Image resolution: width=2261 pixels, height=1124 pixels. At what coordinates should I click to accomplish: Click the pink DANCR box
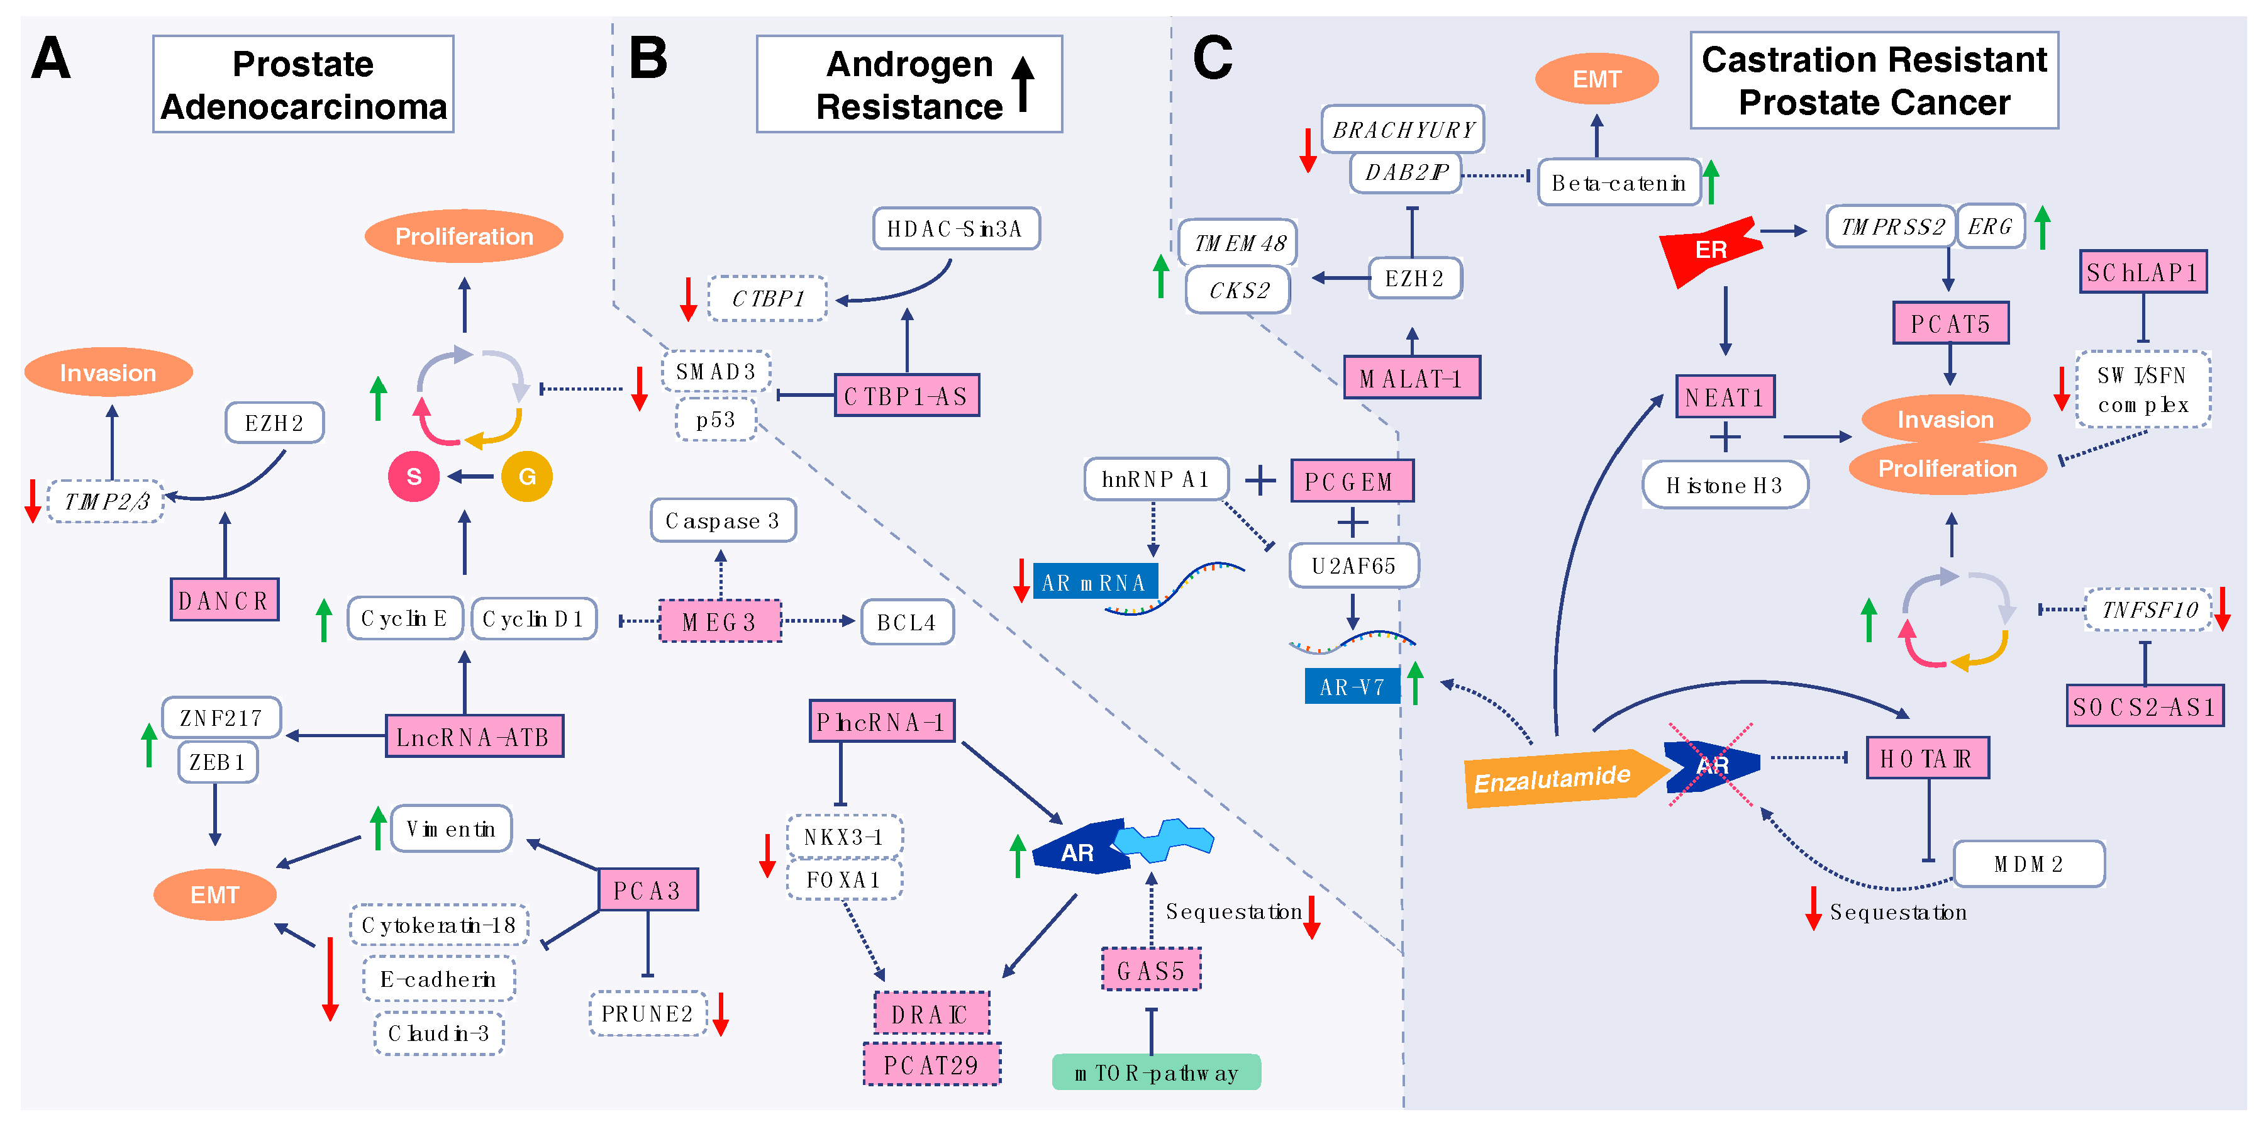(225, 601)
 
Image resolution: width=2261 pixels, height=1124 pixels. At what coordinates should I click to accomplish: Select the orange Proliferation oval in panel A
(464, 236)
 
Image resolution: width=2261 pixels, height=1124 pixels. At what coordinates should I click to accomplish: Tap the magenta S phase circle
(413, 477)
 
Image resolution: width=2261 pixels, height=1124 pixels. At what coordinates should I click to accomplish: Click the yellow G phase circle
(526, 477)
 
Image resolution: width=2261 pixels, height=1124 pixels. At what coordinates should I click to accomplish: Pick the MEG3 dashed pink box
(719, 621)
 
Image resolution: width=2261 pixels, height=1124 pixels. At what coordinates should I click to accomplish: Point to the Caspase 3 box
(723, 521)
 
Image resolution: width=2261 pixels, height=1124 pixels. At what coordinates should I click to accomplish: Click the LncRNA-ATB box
(474, 737)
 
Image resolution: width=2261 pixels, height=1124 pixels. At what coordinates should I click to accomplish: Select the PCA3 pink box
(648, 891)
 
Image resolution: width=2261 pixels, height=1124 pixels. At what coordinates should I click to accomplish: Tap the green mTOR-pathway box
(1156, 1072)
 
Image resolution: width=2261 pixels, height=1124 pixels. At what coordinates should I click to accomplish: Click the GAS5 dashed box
(1151, 971)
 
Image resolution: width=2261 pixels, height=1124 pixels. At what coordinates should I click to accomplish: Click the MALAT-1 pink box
(1411, 379)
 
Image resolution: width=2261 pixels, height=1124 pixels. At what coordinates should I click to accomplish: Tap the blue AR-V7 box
(1352, 687)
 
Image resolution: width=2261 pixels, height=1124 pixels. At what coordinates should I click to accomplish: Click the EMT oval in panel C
(1596, 79)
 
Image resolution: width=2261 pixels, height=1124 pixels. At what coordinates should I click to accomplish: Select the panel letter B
(648, 59)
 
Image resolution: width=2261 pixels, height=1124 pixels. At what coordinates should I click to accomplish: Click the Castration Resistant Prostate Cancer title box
(1874, 81)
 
